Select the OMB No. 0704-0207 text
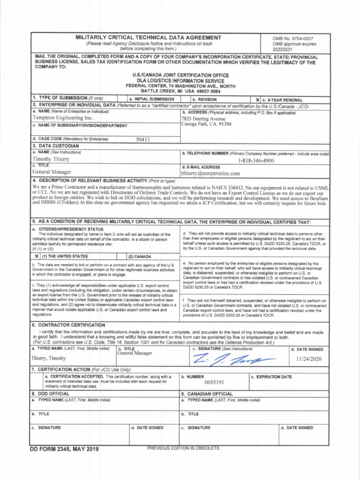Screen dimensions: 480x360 293,37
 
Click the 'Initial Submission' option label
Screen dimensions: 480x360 154,100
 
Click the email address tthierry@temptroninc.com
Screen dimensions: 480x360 210,173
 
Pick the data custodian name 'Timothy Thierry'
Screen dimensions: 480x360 50,159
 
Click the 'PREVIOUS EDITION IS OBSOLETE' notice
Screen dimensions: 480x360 183,449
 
